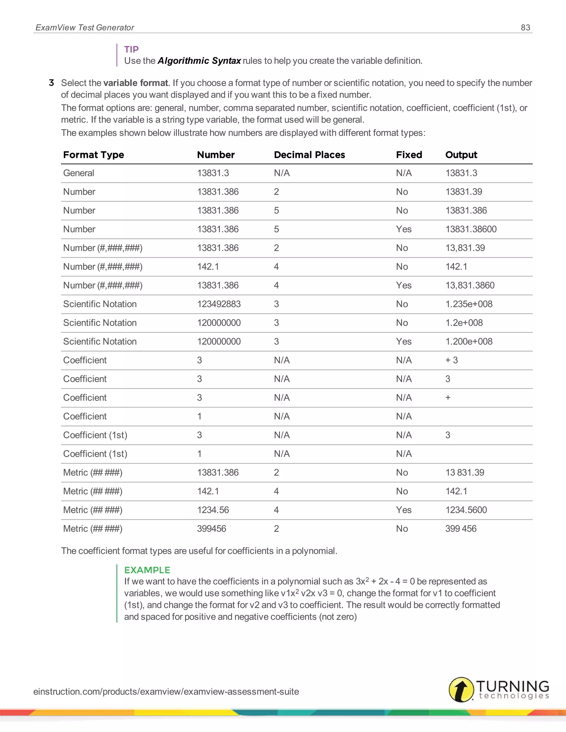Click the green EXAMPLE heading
coord(147,570)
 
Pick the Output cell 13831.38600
coord(471,229)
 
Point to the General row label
coord(78,173)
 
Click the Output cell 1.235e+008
coord(469,304)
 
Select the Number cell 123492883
coord(219,304)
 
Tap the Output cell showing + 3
coord(451,360)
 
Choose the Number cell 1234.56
coord(213,510)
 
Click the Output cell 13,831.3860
coord(470,285)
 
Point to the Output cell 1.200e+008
coord(469,341)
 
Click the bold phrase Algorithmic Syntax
coord(199,61)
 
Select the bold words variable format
coord(135,83)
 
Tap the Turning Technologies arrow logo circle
coord(461,689)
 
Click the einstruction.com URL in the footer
coord(166,691)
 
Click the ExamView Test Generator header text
coord(85,27)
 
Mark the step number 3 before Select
coord(51,83)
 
